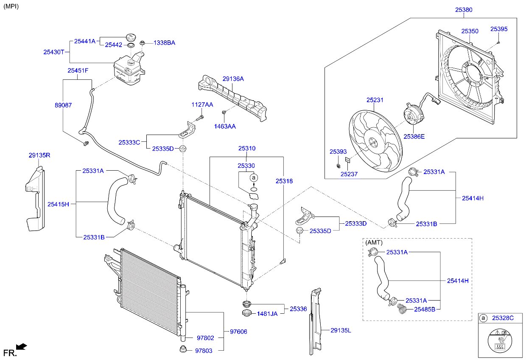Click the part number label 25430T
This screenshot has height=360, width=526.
[53, 52]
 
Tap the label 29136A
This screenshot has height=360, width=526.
[233, 79]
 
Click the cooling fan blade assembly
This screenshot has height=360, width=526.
[375, 142]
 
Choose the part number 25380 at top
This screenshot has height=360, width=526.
[463, 9]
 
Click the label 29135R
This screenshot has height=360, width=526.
[39, 155]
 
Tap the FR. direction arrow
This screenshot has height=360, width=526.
[21, 347]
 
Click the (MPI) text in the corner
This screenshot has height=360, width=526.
[11, 7]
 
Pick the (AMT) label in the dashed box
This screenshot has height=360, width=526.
[374, 242]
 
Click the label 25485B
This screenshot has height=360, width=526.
[425, 309]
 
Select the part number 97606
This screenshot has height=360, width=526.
[238, 331]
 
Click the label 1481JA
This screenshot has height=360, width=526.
[267, 314]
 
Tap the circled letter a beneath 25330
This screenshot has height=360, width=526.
[254, 178]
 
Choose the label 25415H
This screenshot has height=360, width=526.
[58, 204]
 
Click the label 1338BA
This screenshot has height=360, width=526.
[164, 43]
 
